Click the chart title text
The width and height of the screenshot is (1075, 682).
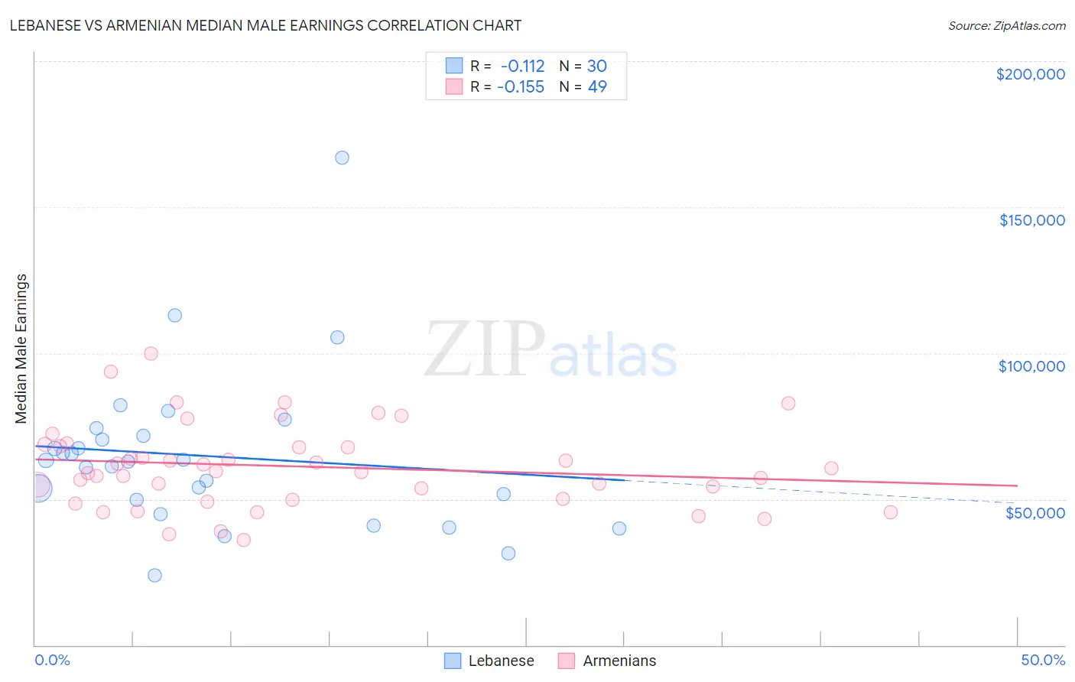click(265, 25)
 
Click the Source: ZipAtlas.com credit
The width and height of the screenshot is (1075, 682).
click(1006, 25)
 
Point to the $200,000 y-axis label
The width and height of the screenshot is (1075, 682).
click(1030, 74)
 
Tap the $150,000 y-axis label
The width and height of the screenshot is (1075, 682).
click(1031, 220)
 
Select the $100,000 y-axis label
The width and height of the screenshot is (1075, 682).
click(1031, 366)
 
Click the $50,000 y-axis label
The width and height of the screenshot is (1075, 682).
click(1034, 512)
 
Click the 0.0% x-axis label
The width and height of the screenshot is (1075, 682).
click(52, 660)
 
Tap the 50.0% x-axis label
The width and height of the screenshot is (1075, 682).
click(1042, 660)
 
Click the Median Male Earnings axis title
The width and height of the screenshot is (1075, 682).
click(21, 349)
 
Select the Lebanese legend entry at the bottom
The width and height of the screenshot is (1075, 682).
click(489, 661)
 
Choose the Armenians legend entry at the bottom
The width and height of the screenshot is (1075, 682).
click(607, 661)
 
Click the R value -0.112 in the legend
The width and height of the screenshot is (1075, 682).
click(522, 67)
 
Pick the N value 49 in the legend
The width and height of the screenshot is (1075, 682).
click(596, 87)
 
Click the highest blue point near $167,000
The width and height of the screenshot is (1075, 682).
click(342, 158)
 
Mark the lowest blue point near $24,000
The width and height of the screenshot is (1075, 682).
click(154, 575)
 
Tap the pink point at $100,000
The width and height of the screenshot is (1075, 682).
click(151, 353)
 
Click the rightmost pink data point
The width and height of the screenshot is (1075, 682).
click(890, 512)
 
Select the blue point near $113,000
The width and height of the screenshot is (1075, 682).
click(174, 315)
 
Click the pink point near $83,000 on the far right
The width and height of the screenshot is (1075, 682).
click(788, 403)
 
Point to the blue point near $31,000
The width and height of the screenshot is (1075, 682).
click(508, 553)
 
